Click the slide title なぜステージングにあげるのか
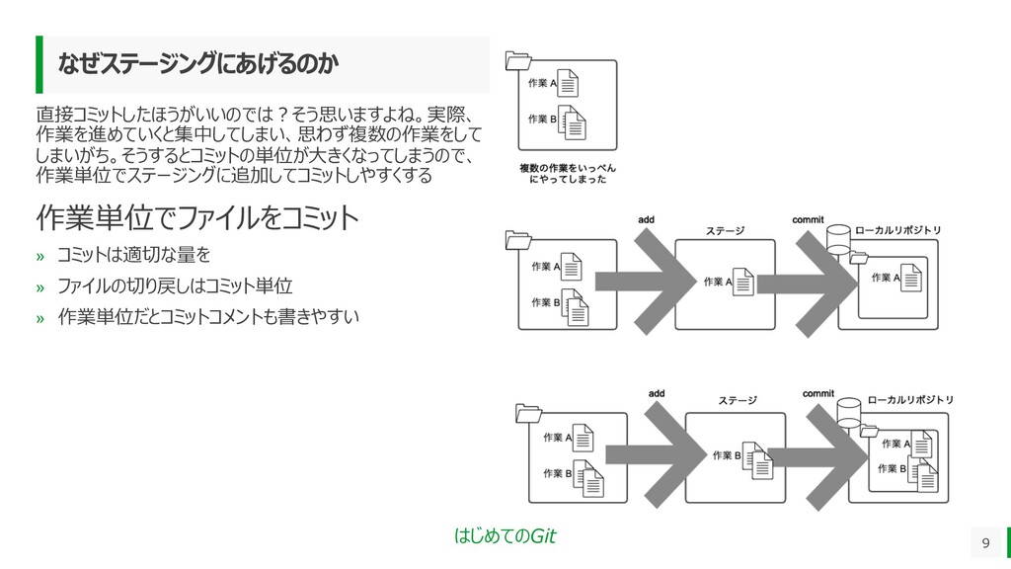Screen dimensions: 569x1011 click(x=197, y=65)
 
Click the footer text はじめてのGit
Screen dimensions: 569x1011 click(x=505, y=536)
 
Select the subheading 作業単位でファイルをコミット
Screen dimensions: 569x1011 click(x=197, y=217)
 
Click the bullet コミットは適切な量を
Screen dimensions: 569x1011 click(x=133, y=256)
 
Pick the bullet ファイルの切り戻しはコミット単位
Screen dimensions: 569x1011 click(x=175, y=286)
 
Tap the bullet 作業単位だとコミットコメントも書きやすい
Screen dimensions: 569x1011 click(x=207, y=317)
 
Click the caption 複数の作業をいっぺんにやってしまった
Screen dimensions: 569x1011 click(x=568, y=174)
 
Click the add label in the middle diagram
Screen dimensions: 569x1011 click(x=646, y=218)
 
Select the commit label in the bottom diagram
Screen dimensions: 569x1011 click(x=817, y=393)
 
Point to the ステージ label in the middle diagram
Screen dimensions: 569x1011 click(x=725, y=231)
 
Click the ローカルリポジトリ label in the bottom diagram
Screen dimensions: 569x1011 click(x=910, y=400)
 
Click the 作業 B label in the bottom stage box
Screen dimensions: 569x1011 click(x=727, y=455)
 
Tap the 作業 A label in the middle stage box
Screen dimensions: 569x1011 click(x=718, y=282)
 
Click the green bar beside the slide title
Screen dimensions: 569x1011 click(x=40, y=65)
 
